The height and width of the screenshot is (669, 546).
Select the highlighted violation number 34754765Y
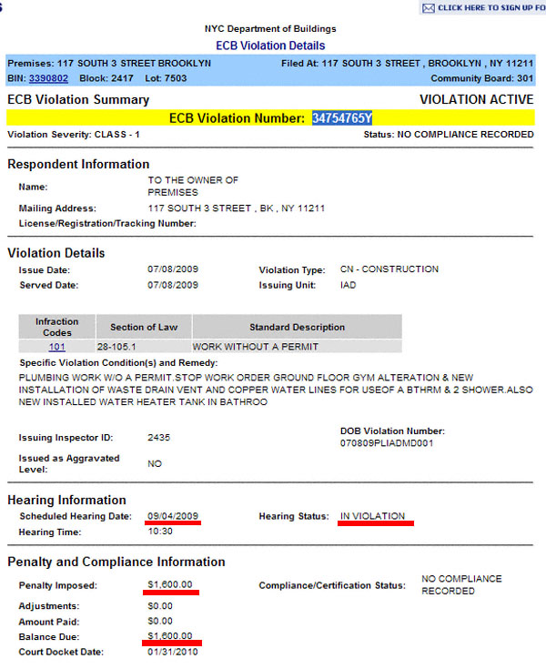click(x=342, y=118)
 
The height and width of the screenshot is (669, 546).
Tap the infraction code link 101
click(x=56, y=347)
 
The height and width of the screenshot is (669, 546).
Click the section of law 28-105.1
click(x=118, y=347)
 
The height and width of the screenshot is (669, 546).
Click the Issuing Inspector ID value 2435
click(x=159, y=438)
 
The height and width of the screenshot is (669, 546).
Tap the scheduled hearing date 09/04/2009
click(x=173, y=516)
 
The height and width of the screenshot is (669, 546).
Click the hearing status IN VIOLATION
click(x=372, y=516)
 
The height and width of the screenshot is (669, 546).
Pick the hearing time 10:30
click(x=159, y=532)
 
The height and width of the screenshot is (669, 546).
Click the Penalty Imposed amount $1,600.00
click(x=170, y=584)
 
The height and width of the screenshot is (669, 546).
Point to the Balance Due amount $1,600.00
click(x=170, y=635)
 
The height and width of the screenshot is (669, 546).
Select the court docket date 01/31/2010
click(x=173, y=652)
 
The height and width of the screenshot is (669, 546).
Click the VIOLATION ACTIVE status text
click(x=476, y=99)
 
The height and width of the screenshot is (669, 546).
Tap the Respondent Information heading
click(x=78, y=164)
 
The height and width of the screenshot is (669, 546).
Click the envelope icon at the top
click(x=428, y=8)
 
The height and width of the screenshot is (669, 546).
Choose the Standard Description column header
click(x=297, y=327)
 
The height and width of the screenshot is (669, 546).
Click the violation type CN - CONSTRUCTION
click(x=389, y=269)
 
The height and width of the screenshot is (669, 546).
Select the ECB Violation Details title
click(x=270, y=45)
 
